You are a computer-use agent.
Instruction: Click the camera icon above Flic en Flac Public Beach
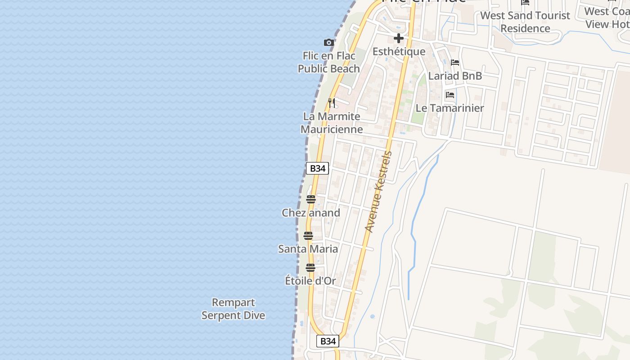tap(329, 42)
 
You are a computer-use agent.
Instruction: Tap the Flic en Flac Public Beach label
tap(329, 62)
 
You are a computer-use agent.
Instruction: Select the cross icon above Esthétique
tap(398, 39)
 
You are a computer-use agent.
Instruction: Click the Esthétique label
tap(399, 52)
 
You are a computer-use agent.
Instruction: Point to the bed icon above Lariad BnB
tap(455, 63)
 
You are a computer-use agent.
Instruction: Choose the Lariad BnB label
tap(455, 76)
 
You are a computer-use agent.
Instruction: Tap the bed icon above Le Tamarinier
tap(450, 95)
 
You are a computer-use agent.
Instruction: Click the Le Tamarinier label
tap(450, 108)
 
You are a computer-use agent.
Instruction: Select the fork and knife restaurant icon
tap(332, 103)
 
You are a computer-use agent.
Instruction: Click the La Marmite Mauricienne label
tap(332, 123)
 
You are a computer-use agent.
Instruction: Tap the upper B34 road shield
tap(318, 168)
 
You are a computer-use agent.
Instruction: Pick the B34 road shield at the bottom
tap(328, 341)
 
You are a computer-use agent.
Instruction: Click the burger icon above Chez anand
tap(311, 199)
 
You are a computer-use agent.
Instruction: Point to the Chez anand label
tap(311, 212)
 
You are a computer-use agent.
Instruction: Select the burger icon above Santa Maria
tap(308, 235)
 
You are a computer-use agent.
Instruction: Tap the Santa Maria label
tap(308, 249)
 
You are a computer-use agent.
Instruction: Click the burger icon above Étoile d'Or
tap(310, 268)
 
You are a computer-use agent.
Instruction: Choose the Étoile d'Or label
tap(310, 281)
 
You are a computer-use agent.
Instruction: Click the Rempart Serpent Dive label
tap(233, 309)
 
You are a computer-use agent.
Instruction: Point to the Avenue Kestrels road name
tap(378, 192)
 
